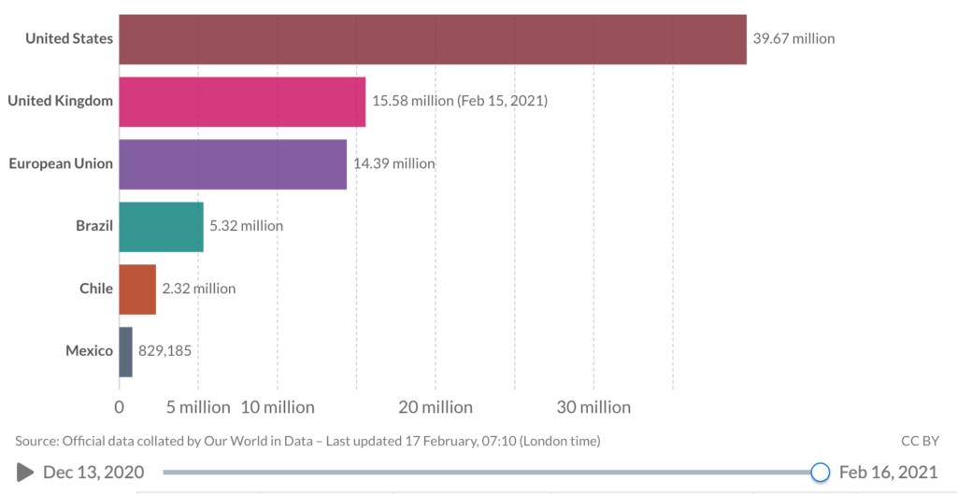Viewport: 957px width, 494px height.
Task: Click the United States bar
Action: coord(433,39)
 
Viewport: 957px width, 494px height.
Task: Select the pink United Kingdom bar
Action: coord(242,101)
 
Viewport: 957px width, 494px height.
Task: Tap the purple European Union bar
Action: coord(233,163)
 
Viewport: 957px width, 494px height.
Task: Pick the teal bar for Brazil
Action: coord(161,226)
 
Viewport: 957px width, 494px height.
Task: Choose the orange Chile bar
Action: coord(137,289)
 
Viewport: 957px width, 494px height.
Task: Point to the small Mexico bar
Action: coord(126,351)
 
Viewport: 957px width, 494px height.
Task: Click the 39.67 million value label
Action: coord(793,39)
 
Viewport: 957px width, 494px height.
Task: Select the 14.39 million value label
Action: coord(393,163)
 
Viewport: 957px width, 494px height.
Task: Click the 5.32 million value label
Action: coord(246,226)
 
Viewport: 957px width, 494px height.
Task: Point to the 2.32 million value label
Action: coord(199,289)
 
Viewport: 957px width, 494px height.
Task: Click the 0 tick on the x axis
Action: coord(119,407)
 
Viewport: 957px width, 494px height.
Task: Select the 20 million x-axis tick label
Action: coord(436,407)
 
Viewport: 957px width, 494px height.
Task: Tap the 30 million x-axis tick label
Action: coord(593,407)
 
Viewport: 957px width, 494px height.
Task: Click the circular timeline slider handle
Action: coord(821,473)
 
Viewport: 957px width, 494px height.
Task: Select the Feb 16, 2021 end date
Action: coord(888,473)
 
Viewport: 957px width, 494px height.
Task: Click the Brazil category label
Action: coord(94,226)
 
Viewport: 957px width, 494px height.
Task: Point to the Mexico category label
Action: coord(89,351)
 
